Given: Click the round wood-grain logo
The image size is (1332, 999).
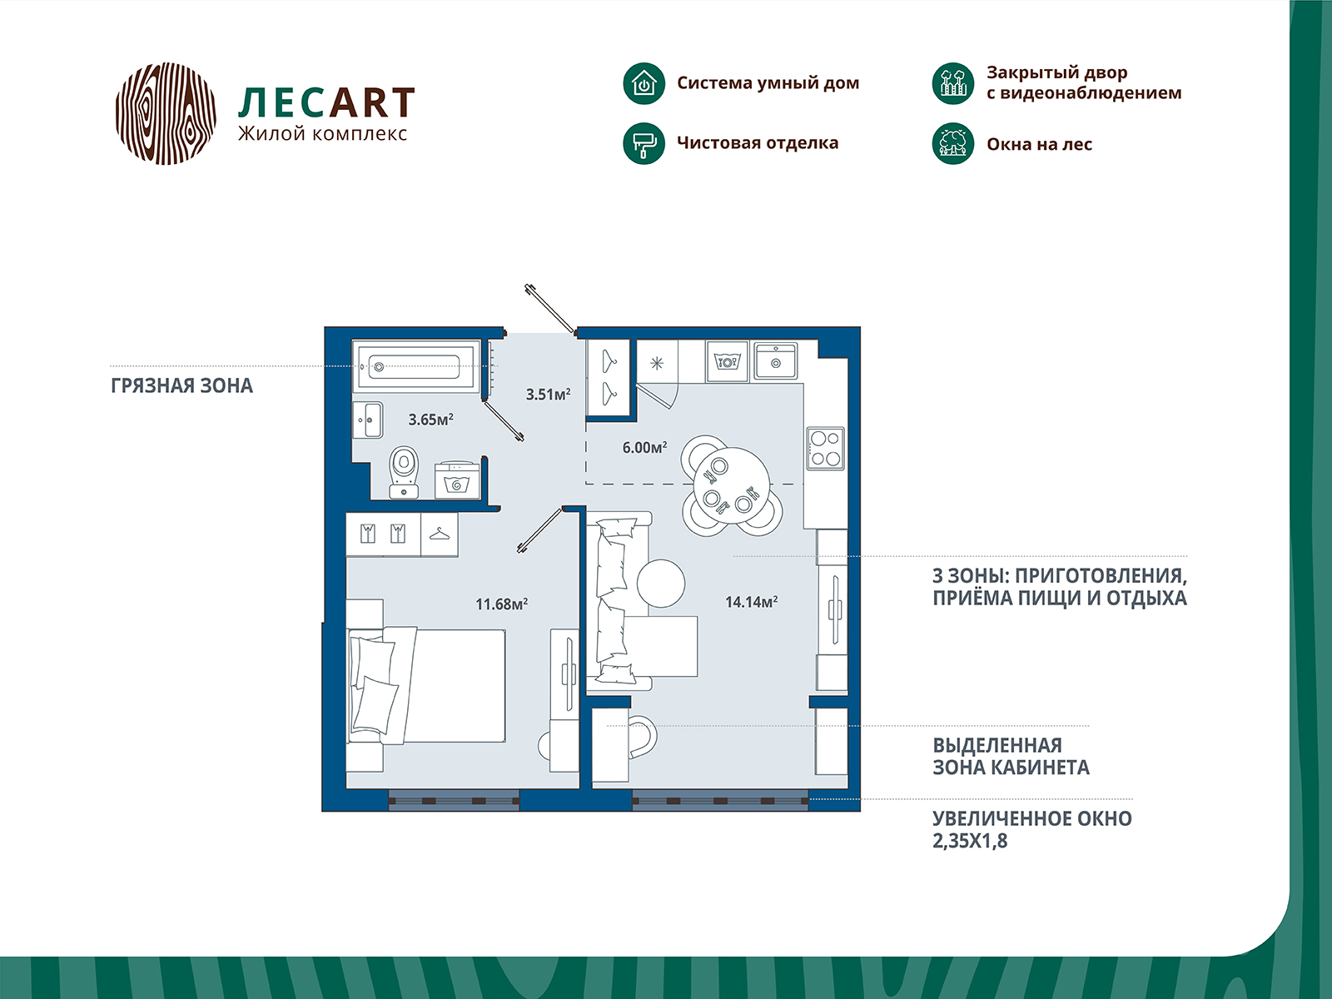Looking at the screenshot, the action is click(166, 113).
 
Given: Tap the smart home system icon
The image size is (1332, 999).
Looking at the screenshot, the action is click(644, 84).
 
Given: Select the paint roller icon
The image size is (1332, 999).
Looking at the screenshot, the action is click(644, 144).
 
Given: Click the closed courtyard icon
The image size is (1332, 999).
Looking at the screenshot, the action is click(952, 84).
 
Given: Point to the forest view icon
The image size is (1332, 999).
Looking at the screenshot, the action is click(952, 144).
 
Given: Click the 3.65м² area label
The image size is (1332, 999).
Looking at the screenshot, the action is click(431, 419).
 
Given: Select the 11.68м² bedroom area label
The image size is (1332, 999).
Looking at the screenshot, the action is click(501, 604).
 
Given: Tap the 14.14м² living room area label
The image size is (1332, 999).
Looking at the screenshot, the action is click(751, 602).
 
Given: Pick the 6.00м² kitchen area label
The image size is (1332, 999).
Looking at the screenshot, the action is click(644, 448).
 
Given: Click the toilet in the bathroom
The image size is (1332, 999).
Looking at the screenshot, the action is click(404, 473).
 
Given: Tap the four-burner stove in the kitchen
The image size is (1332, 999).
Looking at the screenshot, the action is click(825, 448).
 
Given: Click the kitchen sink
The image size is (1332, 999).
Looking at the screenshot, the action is click(776, 361).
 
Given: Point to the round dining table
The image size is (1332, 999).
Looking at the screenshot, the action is click(732, 485).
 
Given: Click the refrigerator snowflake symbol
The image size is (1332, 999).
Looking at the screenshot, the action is click(657, 363).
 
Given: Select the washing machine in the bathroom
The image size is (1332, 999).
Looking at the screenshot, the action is click(458, 480).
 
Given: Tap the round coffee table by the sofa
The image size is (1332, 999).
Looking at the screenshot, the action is click(661, 583).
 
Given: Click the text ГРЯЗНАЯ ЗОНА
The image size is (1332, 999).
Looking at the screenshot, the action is click(182, 385).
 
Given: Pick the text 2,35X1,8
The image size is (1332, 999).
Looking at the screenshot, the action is click(970, 841).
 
